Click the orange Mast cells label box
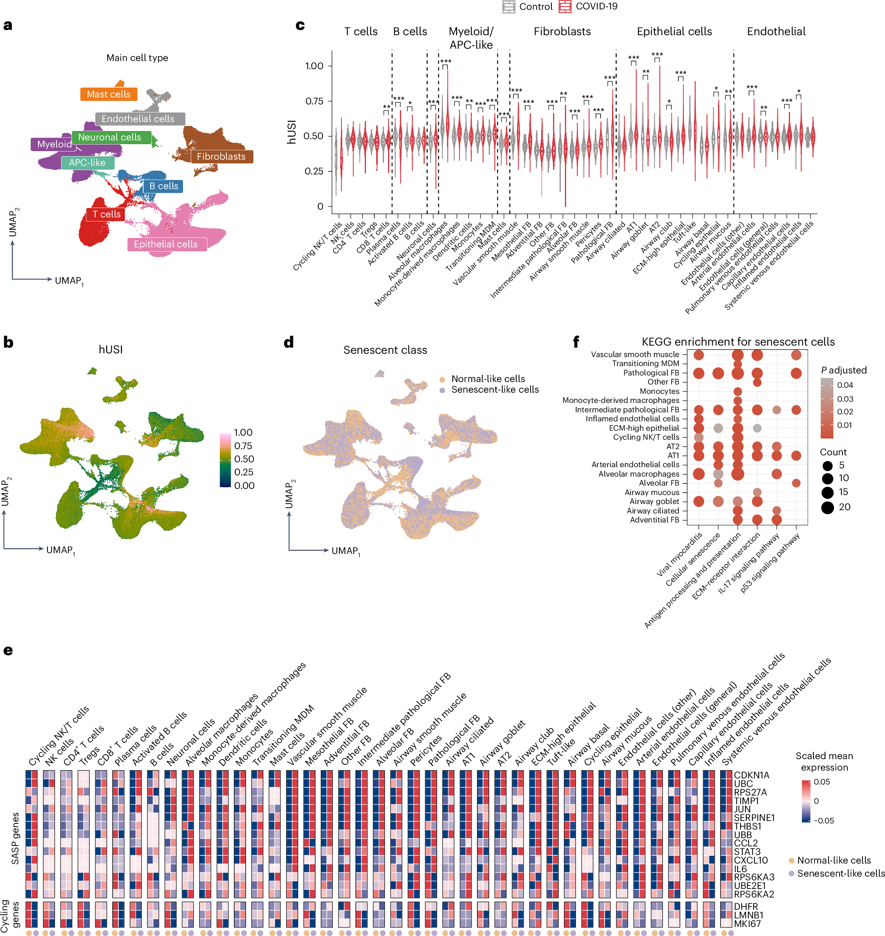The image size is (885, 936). click(108, 94)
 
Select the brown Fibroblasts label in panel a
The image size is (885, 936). click(221, 157)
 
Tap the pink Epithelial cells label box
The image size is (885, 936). click(166, 244)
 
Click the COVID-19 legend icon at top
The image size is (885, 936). click(564, 7)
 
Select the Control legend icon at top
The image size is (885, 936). click(508, 7)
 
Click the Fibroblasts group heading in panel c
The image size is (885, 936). click(562, 32)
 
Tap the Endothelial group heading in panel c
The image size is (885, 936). click(776, 32)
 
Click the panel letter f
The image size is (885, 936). click(576, 341)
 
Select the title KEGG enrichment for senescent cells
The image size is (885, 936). click(738, 341)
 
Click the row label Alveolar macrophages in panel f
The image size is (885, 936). click(639, 474)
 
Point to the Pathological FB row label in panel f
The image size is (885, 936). click(651, 373)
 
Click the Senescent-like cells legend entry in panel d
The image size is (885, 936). click(494, 390)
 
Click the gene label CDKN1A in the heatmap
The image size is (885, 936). click(751, 775)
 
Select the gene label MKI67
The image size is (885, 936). click(747, 924)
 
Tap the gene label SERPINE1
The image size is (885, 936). click(754, 818)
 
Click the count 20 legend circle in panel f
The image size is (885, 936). click(827, 508)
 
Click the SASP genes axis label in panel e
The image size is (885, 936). click(15, 838)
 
